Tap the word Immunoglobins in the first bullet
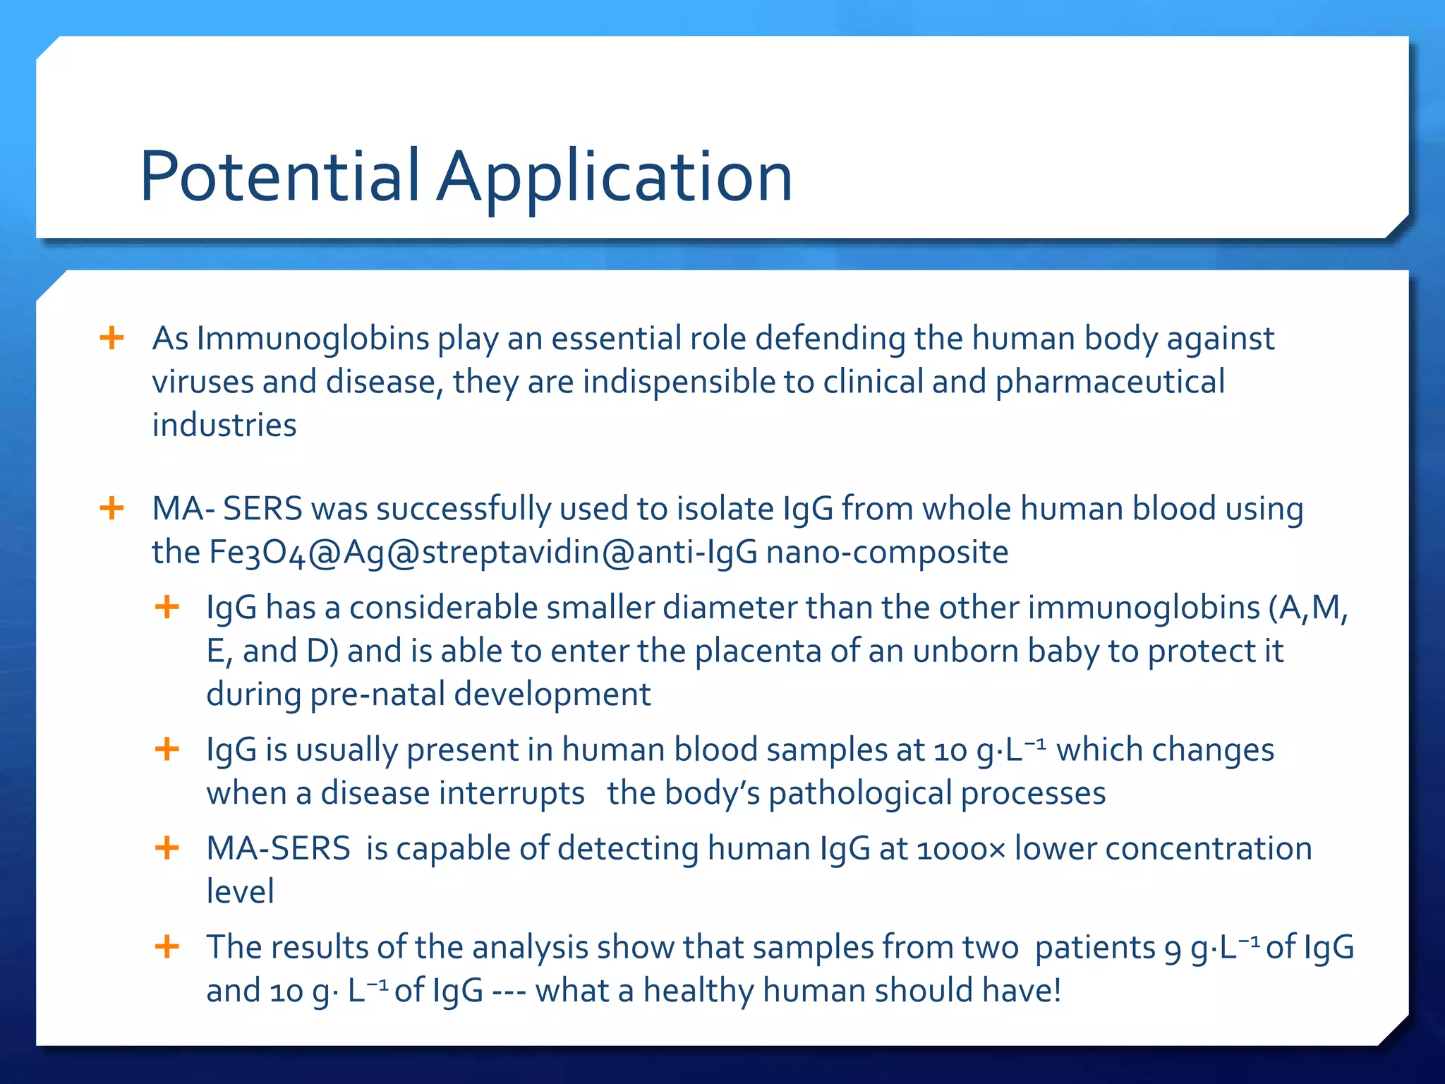(313, 338)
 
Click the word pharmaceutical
(1110, 382)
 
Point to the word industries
(224, 426)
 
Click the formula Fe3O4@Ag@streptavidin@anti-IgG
(483, 552)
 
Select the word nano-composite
(887, 552)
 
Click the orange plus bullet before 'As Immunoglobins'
(112, 337)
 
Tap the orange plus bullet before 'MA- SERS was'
(112, 507)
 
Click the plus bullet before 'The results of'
(167, 946)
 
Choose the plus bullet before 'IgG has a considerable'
(167, 606)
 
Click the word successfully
(464, 509)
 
